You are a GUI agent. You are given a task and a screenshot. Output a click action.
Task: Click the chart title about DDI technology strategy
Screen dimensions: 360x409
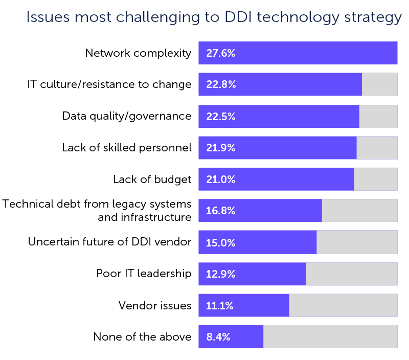(x=214, y=17)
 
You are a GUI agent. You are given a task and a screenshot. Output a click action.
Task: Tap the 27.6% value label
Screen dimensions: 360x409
(x=220, y=53)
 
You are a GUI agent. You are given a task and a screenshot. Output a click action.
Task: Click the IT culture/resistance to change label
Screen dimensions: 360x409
(x=109, y=84)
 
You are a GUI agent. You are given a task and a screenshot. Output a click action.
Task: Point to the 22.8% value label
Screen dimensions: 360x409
(x=221, y=84)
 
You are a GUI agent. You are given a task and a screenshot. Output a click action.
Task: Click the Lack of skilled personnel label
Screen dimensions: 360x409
(x=127, y=148)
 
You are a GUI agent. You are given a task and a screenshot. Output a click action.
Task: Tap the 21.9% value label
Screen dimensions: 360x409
(x=220, y=148)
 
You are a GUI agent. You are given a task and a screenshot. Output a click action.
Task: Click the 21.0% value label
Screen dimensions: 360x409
(x=220, y=179)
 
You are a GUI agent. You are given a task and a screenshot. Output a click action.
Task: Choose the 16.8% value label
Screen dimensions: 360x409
(x=220, y=211)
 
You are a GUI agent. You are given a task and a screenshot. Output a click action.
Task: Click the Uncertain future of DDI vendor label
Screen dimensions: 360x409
(x=110, y=242)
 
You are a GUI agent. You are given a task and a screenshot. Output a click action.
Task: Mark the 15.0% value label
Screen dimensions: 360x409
(x=220, y=243)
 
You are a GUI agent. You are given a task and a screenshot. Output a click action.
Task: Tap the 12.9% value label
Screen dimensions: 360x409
(x=220, y=274)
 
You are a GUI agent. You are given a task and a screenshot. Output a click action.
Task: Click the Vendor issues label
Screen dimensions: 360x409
(x=155, y=306)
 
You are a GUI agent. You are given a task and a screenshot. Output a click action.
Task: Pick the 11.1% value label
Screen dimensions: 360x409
(x=219, y=306)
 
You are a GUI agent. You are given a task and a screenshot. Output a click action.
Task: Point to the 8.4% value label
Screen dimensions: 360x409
(x=218, y=337)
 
